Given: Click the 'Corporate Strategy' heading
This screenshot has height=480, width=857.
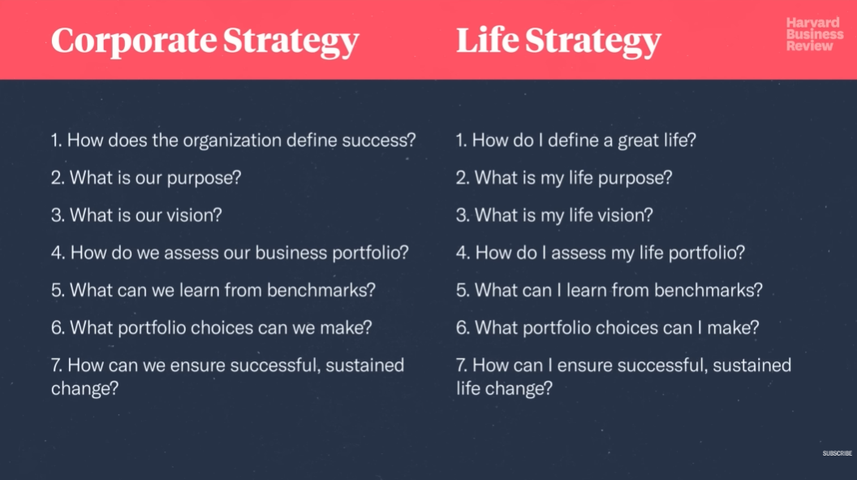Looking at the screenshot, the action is pos(205,41).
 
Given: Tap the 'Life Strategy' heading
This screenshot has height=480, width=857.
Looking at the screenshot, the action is pos(558,41).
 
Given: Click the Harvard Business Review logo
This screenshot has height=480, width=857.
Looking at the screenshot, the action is pos(814,34).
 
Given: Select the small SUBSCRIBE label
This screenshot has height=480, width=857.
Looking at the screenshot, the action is pos(837,453).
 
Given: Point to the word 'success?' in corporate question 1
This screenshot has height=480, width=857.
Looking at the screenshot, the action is pos(379,141).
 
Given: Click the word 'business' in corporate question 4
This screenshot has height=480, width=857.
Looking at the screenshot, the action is pos(291,253).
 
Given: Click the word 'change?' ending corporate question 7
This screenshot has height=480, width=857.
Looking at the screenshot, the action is pos(84,389).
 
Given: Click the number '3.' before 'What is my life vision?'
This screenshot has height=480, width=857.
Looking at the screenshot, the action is pos(463,215).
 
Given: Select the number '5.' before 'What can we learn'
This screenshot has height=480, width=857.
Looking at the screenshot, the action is pos(58,290).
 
